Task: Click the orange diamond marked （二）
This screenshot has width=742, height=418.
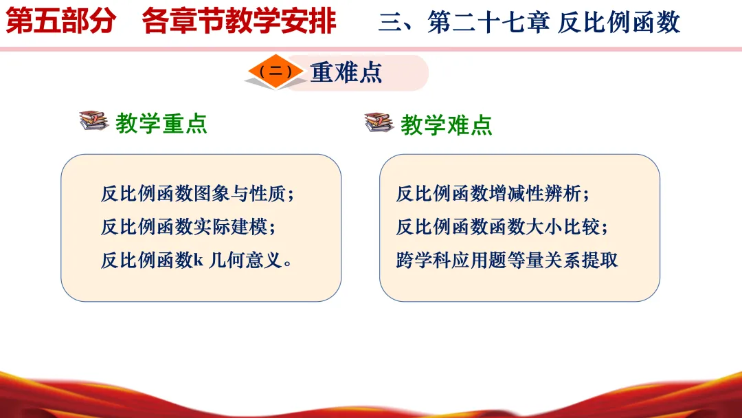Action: coord(276,71)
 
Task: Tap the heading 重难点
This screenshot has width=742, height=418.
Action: coord(346,73)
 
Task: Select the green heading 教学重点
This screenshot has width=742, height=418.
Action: coord(161,124)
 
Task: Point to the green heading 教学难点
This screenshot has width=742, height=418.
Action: coord(447,125)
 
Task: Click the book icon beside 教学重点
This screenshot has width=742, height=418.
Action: coord(93,120)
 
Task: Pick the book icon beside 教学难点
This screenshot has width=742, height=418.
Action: coord(379,122)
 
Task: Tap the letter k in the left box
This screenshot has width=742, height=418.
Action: coord(199,260)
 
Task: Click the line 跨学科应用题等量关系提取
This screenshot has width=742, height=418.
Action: coord(507,260)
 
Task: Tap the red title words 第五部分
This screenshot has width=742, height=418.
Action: coord(61,21)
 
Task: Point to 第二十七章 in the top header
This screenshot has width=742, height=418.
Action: coord(488,22)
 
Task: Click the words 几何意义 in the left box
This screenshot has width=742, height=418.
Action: coord(245,260)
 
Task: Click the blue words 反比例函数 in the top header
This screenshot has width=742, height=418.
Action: coord(619,22)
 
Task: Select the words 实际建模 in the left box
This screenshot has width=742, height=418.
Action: coord(230,227)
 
